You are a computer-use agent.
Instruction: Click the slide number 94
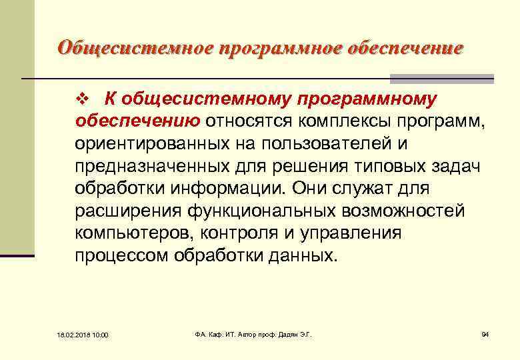pyautogui.click(x=485, y=333)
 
